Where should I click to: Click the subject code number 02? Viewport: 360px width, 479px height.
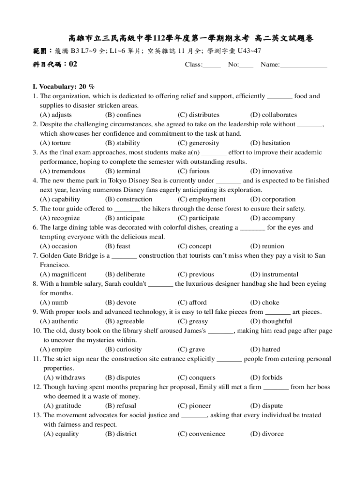[72, 65]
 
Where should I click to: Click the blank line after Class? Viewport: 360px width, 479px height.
[212, 66]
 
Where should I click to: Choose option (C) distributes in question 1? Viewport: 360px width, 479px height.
[198, 115]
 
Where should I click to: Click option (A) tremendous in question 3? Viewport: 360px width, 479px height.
[63, 171]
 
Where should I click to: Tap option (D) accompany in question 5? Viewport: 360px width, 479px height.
[273, 218]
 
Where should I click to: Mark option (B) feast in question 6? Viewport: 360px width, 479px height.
[118, 246]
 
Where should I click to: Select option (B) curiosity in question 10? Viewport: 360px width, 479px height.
[123, 349]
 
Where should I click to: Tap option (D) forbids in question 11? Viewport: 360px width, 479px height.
[266, 377]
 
